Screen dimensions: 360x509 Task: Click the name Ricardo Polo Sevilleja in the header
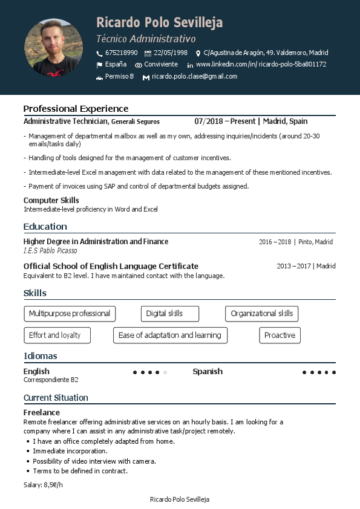(x=159, y=23)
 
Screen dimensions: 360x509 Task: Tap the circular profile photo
(x=53, y=48)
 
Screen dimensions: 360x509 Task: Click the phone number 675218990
(x=121, y=53)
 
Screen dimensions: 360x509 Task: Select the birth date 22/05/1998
(x=170, y=53)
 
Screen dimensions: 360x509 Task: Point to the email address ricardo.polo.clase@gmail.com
(x=194, y=77)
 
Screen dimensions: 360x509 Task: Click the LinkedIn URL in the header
(x=261, y=64)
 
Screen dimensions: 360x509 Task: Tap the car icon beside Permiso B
(x=99, y=77)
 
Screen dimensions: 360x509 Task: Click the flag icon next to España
(x=99, y=65)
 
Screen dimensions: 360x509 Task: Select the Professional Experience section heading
(x=76, y=109)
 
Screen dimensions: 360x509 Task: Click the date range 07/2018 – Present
(x=225, y=122)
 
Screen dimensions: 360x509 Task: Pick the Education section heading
(x=45, y=227)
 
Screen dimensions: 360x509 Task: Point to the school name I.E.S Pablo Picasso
(x=50, y=250)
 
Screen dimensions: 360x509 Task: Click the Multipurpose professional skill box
(x=70, y=314)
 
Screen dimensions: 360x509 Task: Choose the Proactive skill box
(x=280, y=336)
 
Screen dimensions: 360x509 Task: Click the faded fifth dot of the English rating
(x=165, y=372)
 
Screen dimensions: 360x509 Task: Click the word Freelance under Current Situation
(x=42, y=412)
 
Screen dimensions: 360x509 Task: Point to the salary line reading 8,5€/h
(x=43, y=485)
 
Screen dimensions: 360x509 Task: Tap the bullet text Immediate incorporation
(x=70, y=451)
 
